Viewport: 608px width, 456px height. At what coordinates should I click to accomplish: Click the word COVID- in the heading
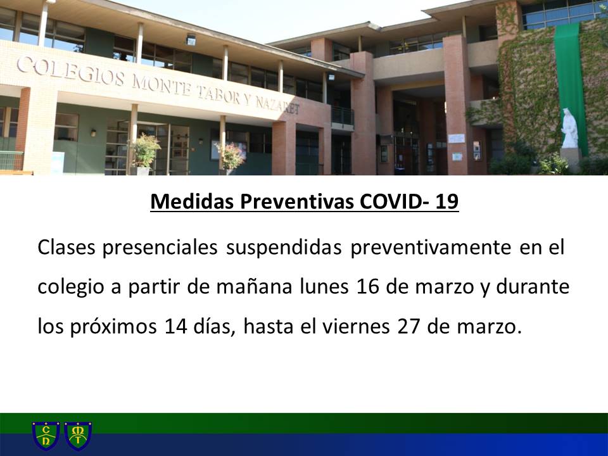pyautogui.click(x=394, y=201)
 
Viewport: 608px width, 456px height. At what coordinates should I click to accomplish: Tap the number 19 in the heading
pyautogui.click(x=446, y=201)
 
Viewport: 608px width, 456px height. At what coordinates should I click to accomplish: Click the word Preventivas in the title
pyautogui.click(x=296, y=201)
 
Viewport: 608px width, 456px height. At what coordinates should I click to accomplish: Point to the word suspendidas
pyautogui.click(x=284, y=248)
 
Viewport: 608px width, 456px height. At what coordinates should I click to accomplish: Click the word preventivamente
pyautogui.click(x=431, y=248)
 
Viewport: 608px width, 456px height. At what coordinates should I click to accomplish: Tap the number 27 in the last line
pyautogui.click(x=408, y=327)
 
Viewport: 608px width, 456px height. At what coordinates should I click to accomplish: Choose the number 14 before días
pyautogui.click(x=176, y=327)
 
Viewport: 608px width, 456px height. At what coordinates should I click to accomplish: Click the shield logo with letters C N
pyautogui.click(x=46, y=436)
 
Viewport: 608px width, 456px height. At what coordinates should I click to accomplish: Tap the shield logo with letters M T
pyautogui.click(x=78, y=436)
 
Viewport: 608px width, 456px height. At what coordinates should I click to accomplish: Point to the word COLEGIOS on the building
pyautogui.click(x=70, y=72)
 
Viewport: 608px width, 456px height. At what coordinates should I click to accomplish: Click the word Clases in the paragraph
pyautogui.click(x=66, y=248)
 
